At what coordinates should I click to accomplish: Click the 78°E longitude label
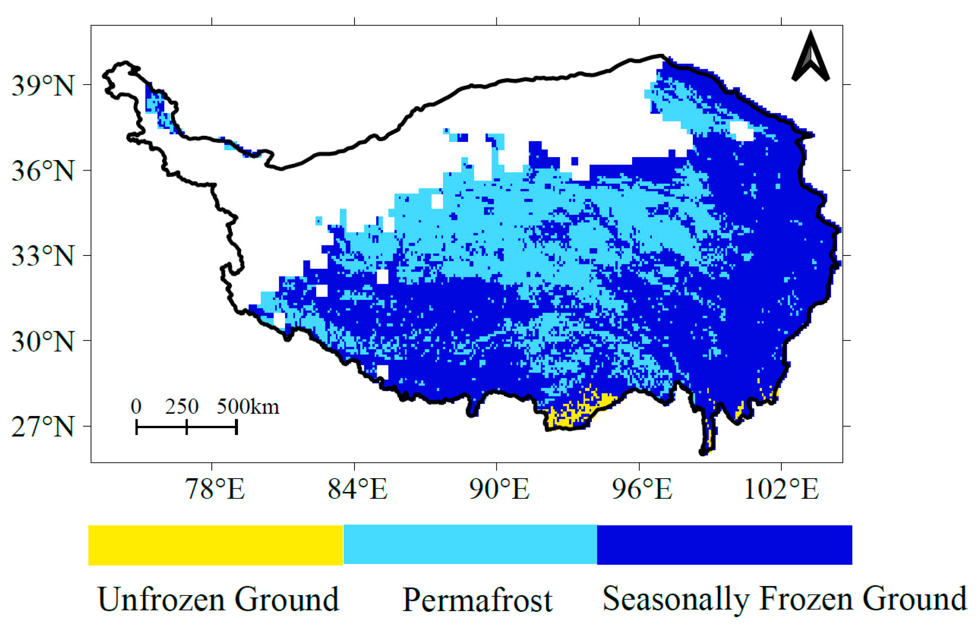pyautogui.click(x=215, y=489)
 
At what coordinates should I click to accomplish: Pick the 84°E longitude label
pyautogui.click(x=357, y=489)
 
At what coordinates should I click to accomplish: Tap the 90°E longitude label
pyautogui.click(x=499, y=489)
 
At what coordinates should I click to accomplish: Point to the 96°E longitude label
pyautogui.click(x=641, y=489)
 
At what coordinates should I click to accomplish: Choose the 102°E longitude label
pyautogui.click(x=781, y=489)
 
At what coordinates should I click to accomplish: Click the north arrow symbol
pyautogui.click(x=810, y=57)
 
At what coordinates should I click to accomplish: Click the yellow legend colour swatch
pyautogui.click(x=215, y=545)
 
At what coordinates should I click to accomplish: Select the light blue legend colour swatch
pyautogui.click(x=470, y=545)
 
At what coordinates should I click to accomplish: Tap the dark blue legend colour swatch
pyautogui.click(x=724, y=545)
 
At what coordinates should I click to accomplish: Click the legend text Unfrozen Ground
pyautogui.click(x=219, y=599)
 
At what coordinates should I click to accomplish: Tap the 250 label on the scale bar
pyautogui.click(x=182, y=407)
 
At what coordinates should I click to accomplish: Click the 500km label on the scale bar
pyautogui.click(x=248, y=407)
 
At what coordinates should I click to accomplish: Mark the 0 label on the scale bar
pyautogui.click(x=136, y=407)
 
